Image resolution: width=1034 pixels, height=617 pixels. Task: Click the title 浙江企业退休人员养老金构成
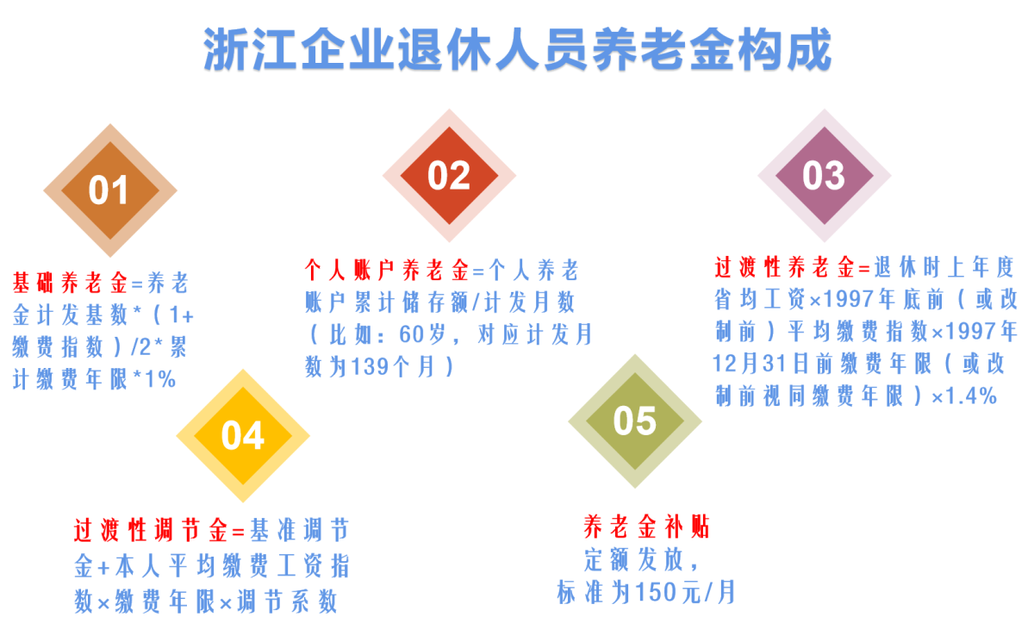(518, 49)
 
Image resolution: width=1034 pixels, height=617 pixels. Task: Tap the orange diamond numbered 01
(110, 190)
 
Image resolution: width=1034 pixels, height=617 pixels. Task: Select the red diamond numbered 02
(449, 176)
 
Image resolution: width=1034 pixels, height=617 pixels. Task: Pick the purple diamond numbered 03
(825, 176)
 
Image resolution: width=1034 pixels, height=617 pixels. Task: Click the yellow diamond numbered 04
(243, 436)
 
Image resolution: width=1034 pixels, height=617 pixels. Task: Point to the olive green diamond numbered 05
(635, 421)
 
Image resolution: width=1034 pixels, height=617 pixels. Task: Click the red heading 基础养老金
(70, 283)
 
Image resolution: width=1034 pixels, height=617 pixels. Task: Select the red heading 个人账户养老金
(387, 270)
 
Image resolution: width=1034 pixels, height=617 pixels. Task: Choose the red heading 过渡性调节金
(151, 530)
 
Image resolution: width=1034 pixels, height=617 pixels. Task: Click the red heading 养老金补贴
(646, 527)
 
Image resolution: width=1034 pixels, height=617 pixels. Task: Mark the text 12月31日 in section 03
(763, 364)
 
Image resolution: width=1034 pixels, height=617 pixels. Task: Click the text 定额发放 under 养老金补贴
(633, 560)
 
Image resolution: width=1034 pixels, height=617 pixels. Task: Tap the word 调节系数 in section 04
(287, 601)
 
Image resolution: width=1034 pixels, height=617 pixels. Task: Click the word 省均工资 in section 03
(760, 299)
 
